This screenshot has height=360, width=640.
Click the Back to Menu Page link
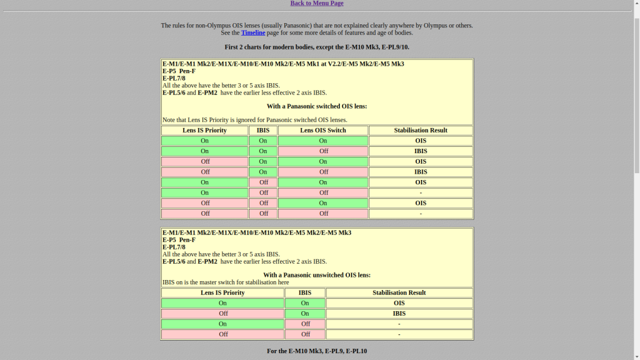pos(317,3)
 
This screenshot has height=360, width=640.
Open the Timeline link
pos(253,32)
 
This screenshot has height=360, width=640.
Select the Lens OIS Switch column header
pos(322,131)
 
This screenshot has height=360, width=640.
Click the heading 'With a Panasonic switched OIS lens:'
pos(317,106)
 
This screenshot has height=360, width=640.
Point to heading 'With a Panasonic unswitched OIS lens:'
pos(317,275)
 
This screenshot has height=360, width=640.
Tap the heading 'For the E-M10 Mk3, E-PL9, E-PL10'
pos(317,351)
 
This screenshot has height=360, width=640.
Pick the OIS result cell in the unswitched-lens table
pos(399,303)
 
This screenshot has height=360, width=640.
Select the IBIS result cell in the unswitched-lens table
pos(399,314)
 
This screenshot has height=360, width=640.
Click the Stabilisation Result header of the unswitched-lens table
pos(399,292)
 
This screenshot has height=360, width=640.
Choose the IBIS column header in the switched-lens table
pos(263,131)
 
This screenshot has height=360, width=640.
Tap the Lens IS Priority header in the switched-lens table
pos(204,131)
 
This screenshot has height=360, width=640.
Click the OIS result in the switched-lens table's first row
pos(421,141)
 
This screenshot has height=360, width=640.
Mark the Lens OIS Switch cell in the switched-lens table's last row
pos(323,214)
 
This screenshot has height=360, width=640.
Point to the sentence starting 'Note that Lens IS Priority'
pos(255,120)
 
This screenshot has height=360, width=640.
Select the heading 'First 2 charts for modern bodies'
pos(317,47)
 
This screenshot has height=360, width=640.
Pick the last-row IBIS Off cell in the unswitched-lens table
pos(305,334)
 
